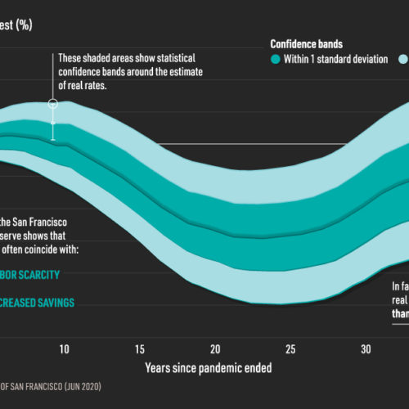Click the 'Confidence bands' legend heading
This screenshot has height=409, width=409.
pyautogui.click(x=307, y=43)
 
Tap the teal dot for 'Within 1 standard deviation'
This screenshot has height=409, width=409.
pyautogui.click(x=276, y=60)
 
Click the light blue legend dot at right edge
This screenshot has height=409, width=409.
pyautogui.click(x=402, y=60)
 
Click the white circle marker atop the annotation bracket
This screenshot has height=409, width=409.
pyautogui.click(x=53, y=103)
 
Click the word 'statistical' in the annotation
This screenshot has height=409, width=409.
pyautogui.click(x=183, y=59)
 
